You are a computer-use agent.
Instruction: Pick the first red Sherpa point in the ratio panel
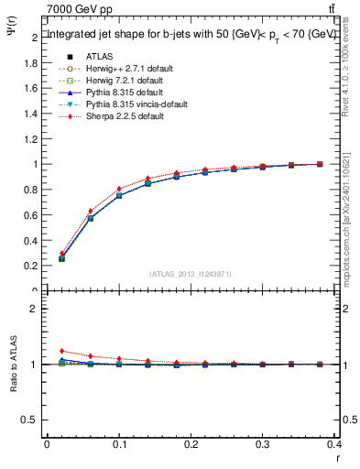coord(61,351)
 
